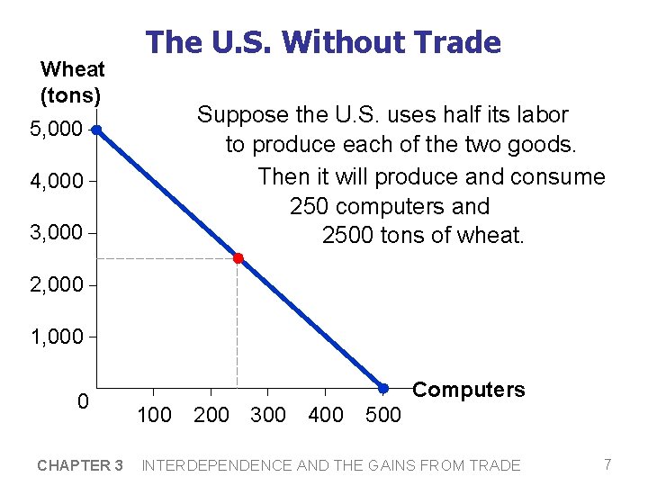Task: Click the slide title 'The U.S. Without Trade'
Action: click(x=323, y=41)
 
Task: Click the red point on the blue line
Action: click(x=238, y=258)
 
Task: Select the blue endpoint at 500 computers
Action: click(x=382, y=388)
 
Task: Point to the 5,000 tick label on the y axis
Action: click(x=56, y=130)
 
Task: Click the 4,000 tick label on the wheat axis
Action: click(x=56, y=183)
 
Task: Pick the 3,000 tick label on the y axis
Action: click(x=56, y=233)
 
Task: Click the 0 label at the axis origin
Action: click(x=82, y=401)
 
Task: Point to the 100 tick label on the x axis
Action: click(x=154, y=415)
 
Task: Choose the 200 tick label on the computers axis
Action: click(x=211, y=415)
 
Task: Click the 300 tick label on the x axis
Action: click(x=267, y=415)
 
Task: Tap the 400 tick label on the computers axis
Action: click(x=325, y=415)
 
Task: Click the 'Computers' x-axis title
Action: click(x=468, y=390)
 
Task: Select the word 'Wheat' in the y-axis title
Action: click(x=72, y=69)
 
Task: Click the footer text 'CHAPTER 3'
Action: click(x=80, y=465)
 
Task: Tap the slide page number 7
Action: click(x=607, y=464)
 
